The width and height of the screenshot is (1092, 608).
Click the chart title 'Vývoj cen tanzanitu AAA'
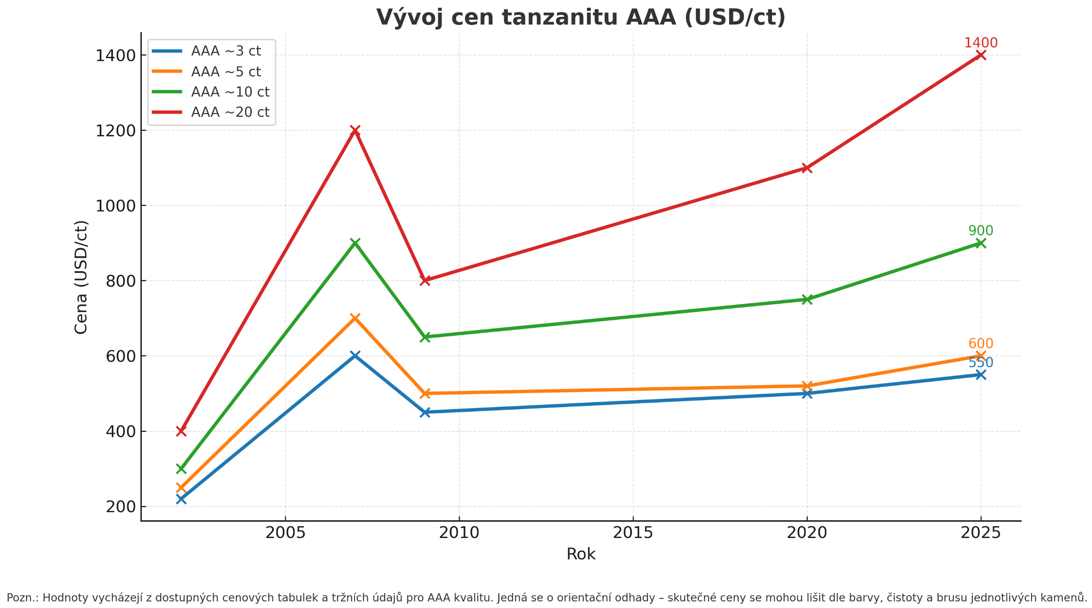click(581, 18)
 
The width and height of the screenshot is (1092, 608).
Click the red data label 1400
click(981, 43)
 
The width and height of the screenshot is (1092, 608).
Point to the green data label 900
click(981, 231)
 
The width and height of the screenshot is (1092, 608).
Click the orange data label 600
click(981, 344)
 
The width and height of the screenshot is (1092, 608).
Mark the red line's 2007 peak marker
click(355, 130)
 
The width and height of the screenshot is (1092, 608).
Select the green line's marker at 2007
click(355, 243)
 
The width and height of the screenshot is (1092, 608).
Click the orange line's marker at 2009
click(425, 394)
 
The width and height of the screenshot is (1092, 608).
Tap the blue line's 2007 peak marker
click(355, 355)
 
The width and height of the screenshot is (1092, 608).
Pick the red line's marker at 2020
click(807, 168)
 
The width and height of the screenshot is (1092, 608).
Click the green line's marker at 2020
click(807, 299)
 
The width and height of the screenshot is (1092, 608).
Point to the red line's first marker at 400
click(181, 431)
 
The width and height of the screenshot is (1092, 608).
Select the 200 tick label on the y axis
click(121, 507)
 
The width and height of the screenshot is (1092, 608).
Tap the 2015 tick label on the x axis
click(633, 533)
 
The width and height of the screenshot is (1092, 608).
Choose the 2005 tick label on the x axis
click(286, 533)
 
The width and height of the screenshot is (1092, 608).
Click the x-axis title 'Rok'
click(581, 554)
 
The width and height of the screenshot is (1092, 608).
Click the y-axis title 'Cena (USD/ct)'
click(81, 277)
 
